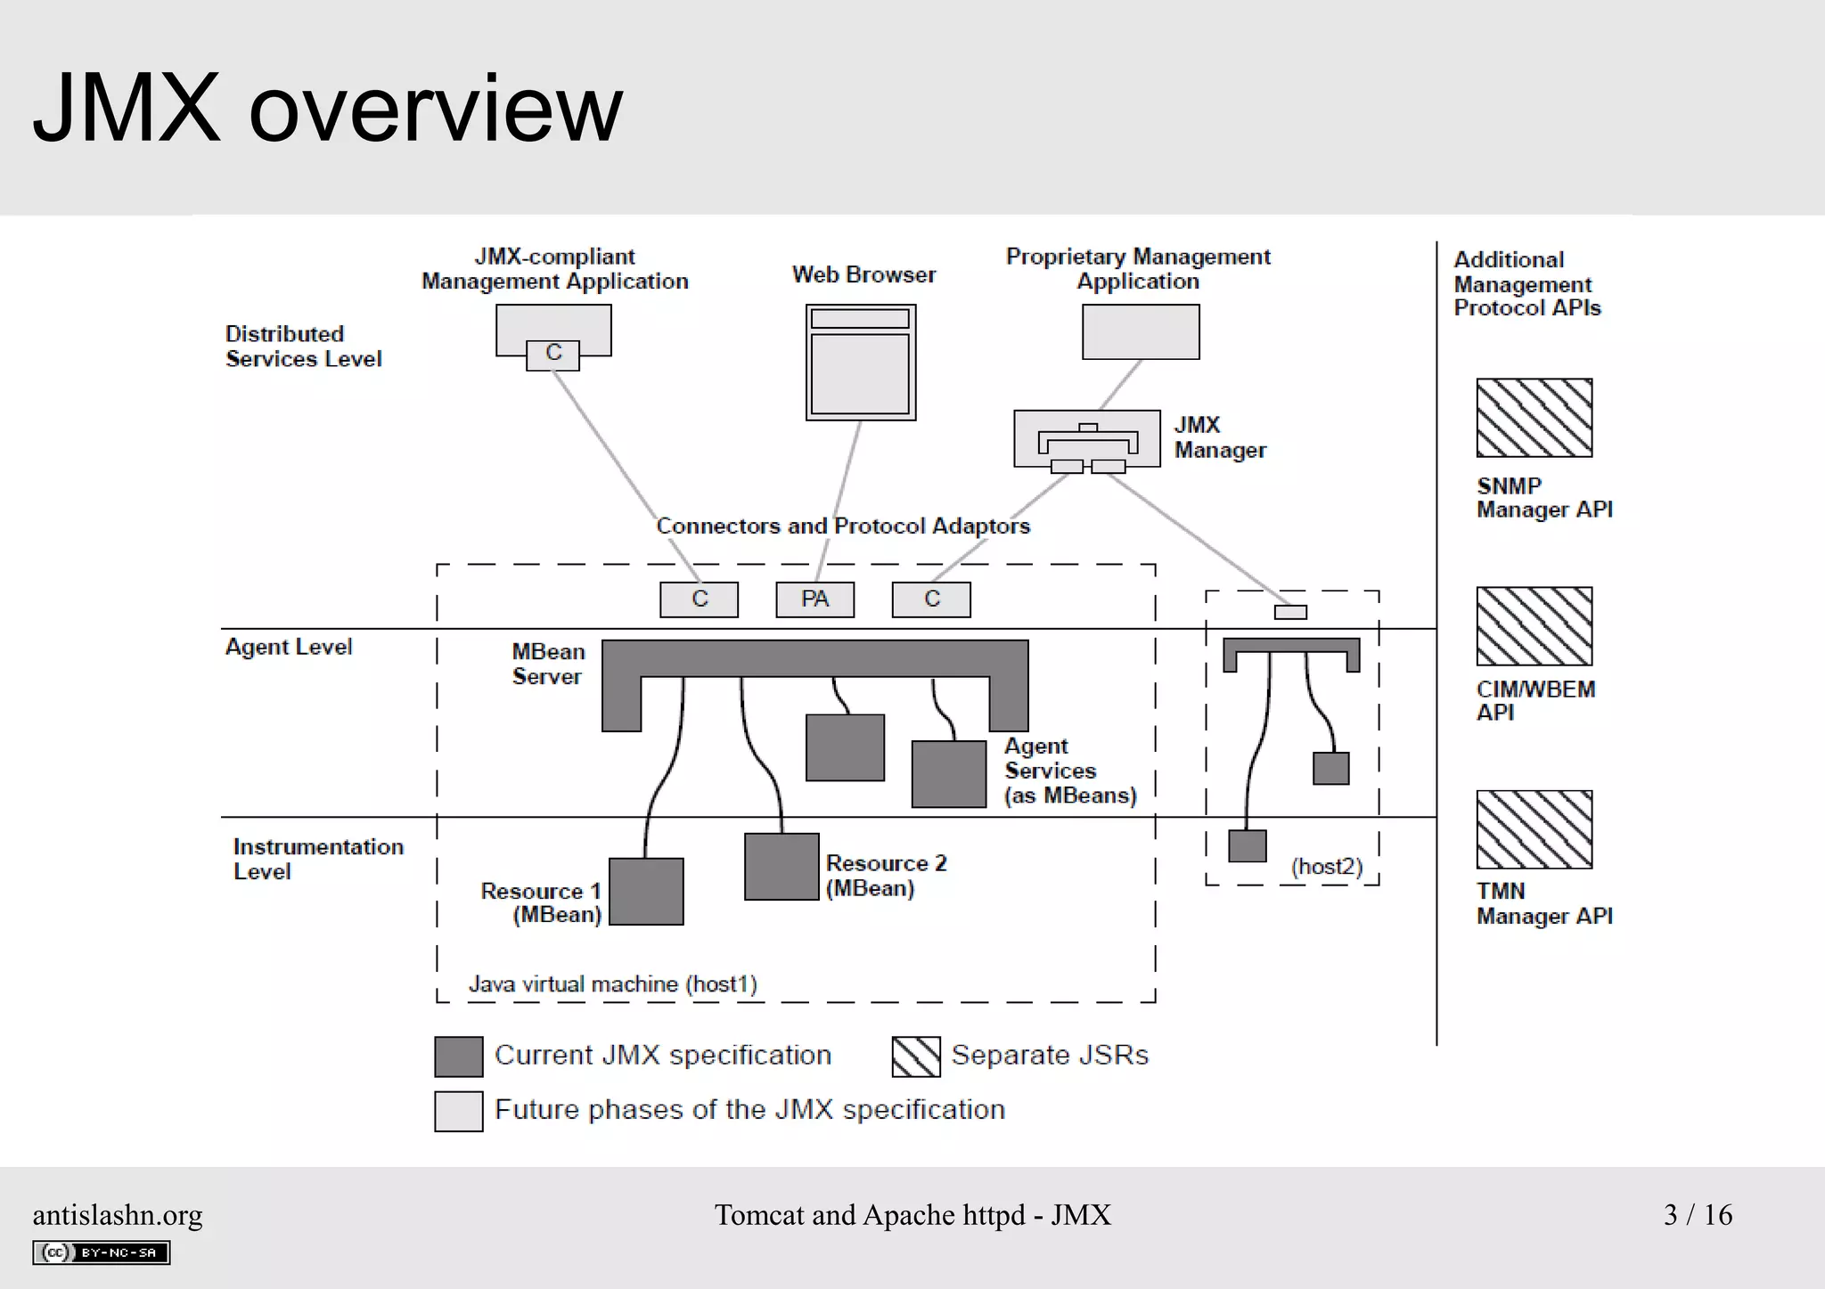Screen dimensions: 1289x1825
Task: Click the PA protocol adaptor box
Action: [814, 600]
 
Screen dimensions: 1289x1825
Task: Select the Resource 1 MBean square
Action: [646, 892]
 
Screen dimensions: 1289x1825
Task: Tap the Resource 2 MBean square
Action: [782, 867]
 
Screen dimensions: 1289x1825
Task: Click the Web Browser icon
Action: [861, 363]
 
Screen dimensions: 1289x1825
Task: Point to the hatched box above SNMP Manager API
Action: [1534, 418]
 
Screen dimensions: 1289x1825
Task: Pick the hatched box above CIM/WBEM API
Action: [1534, 626]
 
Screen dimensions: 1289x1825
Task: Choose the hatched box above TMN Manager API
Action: [1534, 829]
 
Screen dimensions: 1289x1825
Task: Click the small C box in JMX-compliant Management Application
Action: [552, 355]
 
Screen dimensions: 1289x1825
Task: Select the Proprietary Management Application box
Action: [1141, 332]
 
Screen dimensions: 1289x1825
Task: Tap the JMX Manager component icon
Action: [1086, 439]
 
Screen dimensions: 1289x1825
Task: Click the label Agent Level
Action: [289, 647]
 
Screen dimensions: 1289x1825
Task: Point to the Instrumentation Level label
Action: [317, 859]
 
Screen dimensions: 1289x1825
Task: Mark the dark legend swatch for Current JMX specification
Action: [459, 1056]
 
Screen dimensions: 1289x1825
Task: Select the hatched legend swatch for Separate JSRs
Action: [916, 1056]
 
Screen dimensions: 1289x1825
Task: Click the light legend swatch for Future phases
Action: [459, 1112]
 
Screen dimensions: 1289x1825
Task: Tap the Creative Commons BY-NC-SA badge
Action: [102, 1252]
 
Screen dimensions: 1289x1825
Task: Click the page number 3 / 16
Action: [1698, 1215]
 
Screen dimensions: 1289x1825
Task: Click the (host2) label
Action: [1327, 867]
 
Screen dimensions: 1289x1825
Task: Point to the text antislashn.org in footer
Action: [118, 1215]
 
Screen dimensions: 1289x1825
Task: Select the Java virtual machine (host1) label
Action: [613, 984]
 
